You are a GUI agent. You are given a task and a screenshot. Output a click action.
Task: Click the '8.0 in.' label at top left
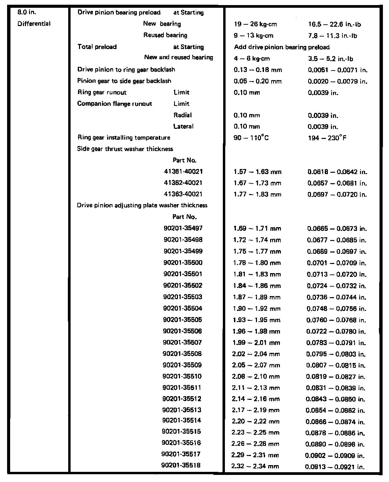point(27,13)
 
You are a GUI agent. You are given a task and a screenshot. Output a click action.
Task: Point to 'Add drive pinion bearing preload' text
point(282,47)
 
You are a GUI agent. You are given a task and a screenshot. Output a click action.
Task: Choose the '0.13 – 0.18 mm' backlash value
point(258,70)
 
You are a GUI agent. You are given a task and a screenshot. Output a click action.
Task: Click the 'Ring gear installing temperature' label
point(124,138)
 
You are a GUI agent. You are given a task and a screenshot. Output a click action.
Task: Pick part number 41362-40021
point(183,183)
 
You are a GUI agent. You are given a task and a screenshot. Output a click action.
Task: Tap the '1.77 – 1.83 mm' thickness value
point(257,194)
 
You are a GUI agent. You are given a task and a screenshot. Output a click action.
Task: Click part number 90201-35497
point(183,228)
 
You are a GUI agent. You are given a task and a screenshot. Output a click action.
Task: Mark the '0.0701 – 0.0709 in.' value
point(337,263)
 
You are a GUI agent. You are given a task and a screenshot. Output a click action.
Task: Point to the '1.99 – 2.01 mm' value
point(256,343)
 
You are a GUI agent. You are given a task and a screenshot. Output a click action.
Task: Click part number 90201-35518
point(181,465)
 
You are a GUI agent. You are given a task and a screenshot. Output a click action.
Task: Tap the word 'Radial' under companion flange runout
point(182,115)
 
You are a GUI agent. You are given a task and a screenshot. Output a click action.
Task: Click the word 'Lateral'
point(183,126)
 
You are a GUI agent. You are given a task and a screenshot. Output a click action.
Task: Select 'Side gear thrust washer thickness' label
point(125,149)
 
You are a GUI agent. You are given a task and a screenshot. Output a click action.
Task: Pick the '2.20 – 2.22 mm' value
point(256,421)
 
